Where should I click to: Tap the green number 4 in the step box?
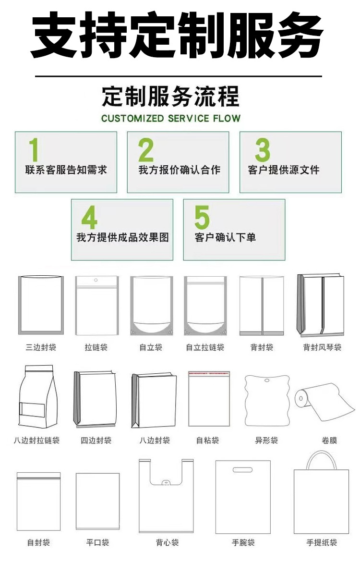click(89, 217)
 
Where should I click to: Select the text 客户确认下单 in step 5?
click(225, 238)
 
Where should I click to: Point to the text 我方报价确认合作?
click(179, 170)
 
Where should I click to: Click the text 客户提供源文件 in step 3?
click(284, 170)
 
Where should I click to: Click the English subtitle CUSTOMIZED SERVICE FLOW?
click(171, 118)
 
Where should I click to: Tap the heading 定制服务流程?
click(170, 96)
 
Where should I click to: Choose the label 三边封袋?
click(41, 347)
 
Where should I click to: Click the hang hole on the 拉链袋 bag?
click(96, 280)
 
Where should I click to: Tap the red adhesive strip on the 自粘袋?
click(207, 373)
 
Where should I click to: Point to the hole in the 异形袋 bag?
click(266, 382)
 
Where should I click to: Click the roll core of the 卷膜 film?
click(301, 397)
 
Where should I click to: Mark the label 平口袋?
click(97, 542)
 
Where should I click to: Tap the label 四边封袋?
click(96, 440)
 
